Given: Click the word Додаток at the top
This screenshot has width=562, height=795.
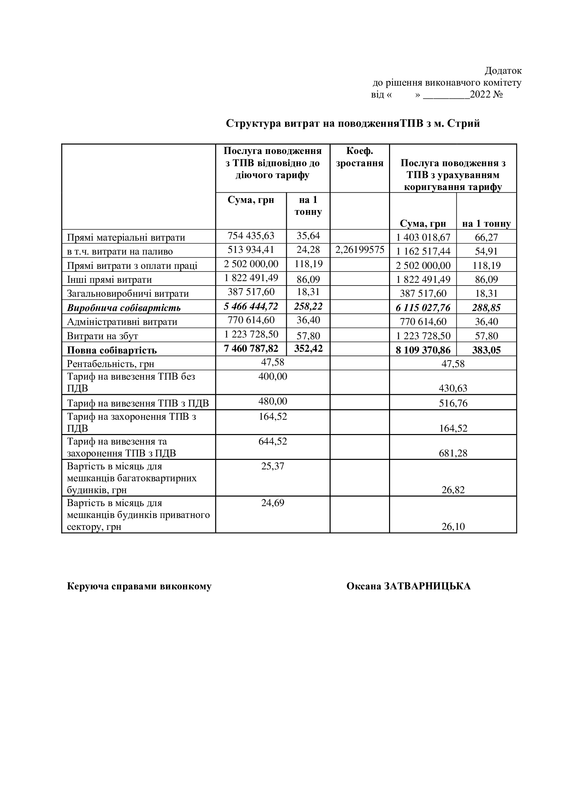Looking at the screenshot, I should (503, 71).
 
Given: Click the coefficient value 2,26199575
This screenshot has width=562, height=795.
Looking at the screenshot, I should (359, 250).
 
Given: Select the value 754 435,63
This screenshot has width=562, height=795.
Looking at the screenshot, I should (251, 236).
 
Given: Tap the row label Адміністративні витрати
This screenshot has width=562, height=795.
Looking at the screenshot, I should (122, 322).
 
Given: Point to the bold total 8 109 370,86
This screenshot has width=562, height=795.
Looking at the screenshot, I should (423, 350).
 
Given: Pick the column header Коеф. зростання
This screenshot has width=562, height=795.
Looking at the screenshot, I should (359, 157).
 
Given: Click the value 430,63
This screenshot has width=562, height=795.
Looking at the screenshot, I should (453, 388).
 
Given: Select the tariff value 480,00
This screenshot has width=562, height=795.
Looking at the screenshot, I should (273, 401).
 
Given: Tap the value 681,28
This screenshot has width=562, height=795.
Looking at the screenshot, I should (453, 453).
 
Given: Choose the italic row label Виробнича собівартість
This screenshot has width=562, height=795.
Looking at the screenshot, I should (124, 308).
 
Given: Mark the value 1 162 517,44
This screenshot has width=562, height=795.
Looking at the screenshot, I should (423, 252).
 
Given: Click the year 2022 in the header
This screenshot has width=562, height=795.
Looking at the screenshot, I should (480, 94).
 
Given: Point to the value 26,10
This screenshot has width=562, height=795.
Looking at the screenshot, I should (453, 526).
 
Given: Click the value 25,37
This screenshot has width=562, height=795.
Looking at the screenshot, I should (273, 466).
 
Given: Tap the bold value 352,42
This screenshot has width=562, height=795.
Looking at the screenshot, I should (308, 348).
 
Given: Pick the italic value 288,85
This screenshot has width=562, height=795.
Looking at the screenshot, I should (486, 308).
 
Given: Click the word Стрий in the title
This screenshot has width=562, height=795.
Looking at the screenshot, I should (463, 124).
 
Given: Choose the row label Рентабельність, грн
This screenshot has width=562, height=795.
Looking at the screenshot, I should (110, 364).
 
